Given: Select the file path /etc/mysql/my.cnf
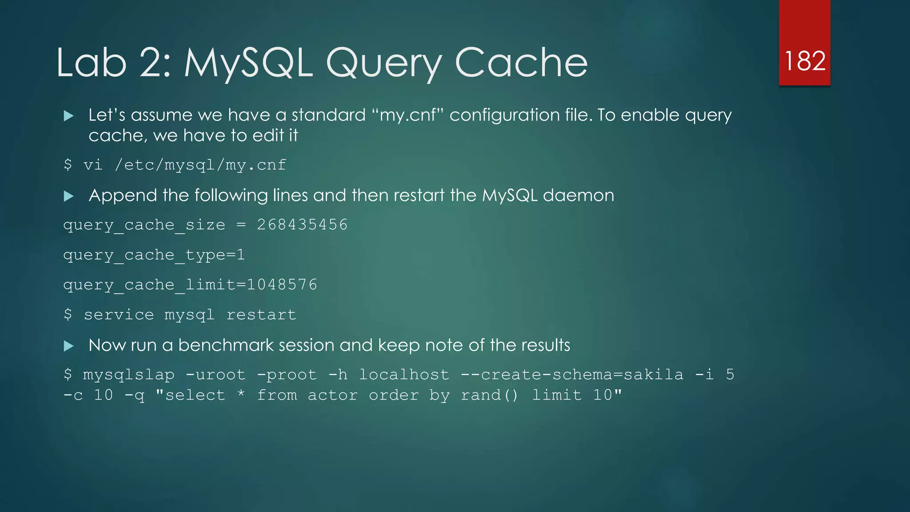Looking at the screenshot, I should click(x=200, y=165).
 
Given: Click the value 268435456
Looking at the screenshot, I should click(x=302, y=224).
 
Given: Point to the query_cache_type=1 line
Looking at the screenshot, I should click(x=154, y=255).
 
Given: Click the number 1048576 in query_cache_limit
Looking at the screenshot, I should click(x=282, y=284).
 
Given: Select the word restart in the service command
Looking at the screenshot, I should click(x=261, y=315).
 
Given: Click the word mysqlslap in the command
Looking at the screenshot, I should click(x=129, y=375).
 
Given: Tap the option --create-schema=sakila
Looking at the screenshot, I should click(x=572, y=375).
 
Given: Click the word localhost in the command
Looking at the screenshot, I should click(x=404, y=375).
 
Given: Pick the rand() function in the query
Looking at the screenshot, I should click(x=490, y=395).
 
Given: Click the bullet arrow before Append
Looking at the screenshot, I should click(x=68, y=196).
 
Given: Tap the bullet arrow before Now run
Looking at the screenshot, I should click(x=68, y=346).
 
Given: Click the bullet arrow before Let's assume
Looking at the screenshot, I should click(x=68, y=116).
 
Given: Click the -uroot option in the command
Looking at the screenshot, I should click(x=215, y=375).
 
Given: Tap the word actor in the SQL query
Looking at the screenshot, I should click(x=333, y=395).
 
